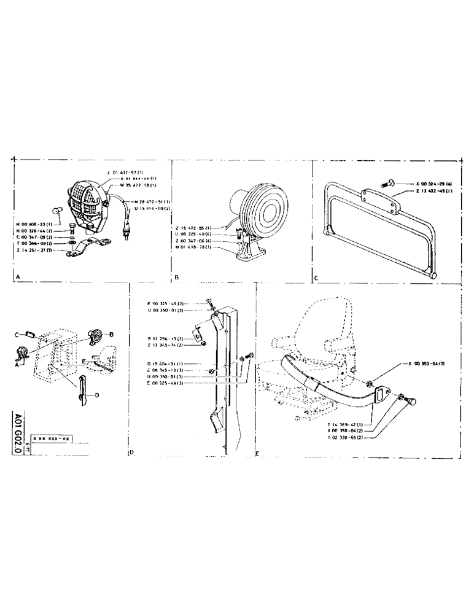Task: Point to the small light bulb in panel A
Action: (x=55, y=211)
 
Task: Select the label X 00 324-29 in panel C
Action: (x=433, y=184)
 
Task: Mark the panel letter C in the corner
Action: (x=316, y=277)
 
